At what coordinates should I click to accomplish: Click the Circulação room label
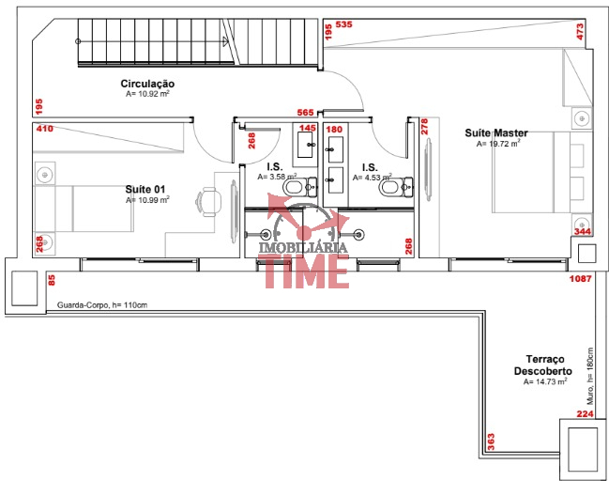[147, 84]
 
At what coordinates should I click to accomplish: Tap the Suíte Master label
[496, 133]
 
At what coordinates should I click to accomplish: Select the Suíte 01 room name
[145, 190]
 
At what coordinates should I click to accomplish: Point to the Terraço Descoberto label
[543, 365]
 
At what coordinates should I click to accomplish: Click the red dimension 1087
[580, 278]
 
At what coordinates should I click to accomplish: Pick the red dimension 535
[343, 24]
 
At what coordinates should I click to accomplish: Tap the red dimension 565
[305, 113]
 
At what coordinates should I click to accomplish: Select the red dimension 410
[45, 129]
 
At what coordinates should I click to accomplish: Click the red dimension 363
[491, 442]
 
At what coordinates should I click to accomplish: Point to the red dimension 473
[580, 32]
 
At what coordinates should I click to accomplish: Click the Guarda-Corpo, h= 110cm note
[102, 305]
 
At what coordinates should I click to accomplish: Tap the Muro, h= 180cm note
[590, 376]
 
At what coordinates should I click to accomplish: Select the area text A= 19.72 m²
[498, 144]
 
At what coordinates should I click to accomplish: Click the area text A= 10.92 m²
[147, 94]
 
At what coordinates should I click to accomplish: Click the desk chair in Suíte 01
[208, 202]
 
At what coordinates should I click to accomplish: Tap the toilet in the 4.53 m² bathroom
[396, 188]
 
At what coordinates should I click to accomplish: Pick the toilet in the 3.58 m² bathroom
[300, 188]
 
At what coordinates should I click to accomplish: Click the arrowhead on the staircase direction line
[225, 41]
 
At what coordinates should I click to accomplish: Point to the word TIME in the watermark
[307, 271]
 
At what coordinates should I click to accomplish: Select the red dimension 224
[585, 413]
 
